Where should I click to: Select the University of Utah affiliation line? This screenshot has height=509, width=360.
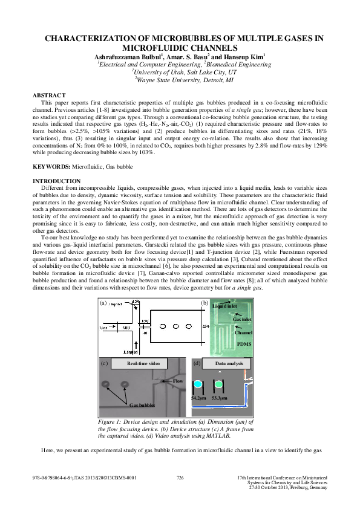180,71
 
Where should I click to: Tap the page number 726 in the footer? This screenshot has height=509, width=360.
180,478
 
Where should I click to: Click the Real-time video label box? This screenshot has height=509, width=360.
143,363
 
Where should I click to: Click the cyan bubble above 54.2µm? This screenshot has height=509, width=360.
197,384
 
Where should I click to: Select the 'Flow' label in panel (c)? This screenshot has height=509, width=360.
178,381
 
